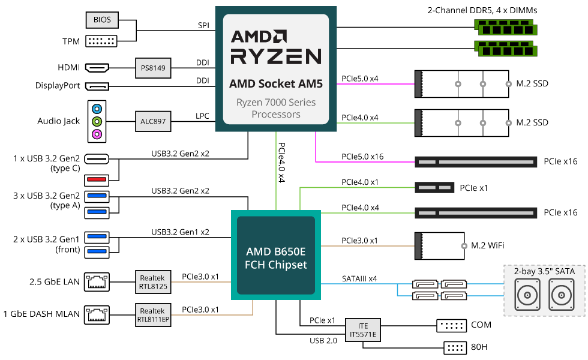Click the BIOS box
point(102,20)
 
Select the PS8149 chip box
point(152,67)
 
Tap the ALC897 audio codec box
point(152,121)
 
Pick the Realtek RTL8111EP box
point(152,314)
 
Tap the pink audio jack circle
point(97,134)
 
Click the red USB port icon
point(97,178)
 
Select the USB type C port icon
point(97,159)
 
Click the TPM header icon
point(102,41)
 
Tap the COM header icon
point(451,326)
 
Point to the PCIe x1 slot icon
point(434,188)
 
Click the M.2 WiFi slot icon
point(440,245)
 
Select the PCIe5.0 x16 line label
point(362,157)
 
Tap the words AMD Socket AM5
point(276,84)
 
